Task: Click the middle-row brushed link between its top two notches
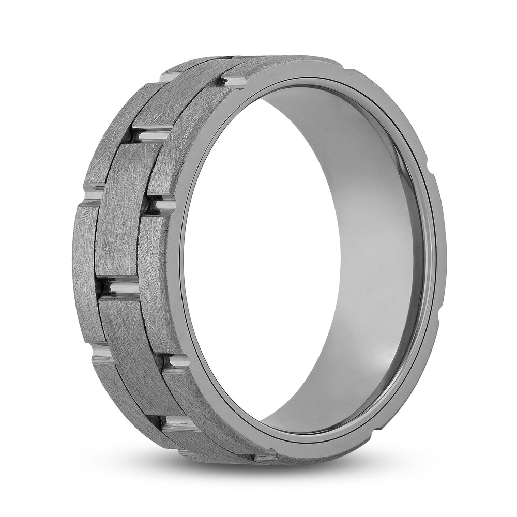click(x=127, y=212)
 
